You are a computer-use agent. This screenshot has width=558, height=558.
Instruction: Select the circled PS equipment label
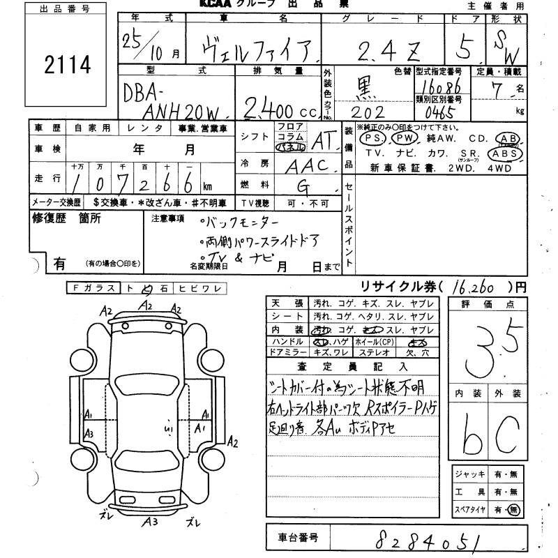[372, 138]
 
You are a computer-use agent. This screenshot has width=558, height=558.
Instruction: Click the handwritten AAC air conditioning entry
[312, 165]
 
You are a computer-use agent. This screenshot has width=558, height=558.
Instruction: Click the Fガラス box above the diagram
[93, 288]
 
